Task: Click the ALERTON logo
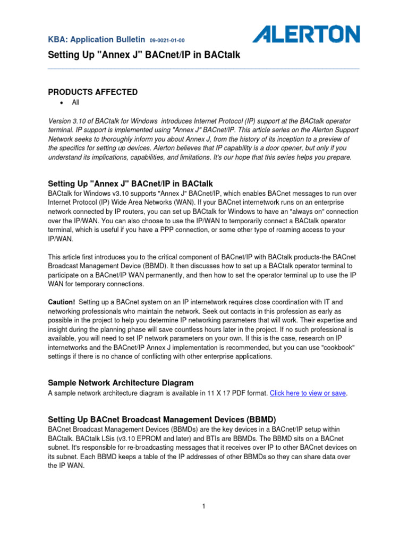pyautogui.click(x=306, y=35)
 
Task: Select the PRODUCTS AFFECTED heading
pyautogui.click(x=93, y=92)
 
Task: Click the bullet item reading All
pyautogui.click(x=75, y=103)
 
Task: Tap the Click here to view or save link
pyautogui.click(x=308, y=393)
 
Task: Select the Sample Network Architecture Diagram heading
pyautogui.click(x=121, y=382)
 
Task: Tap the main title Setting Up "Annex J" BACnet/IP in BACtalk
pyautogui.click(x=140, y=55)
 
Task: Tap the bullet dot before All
pyautogui.click(x=62, y=103)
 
